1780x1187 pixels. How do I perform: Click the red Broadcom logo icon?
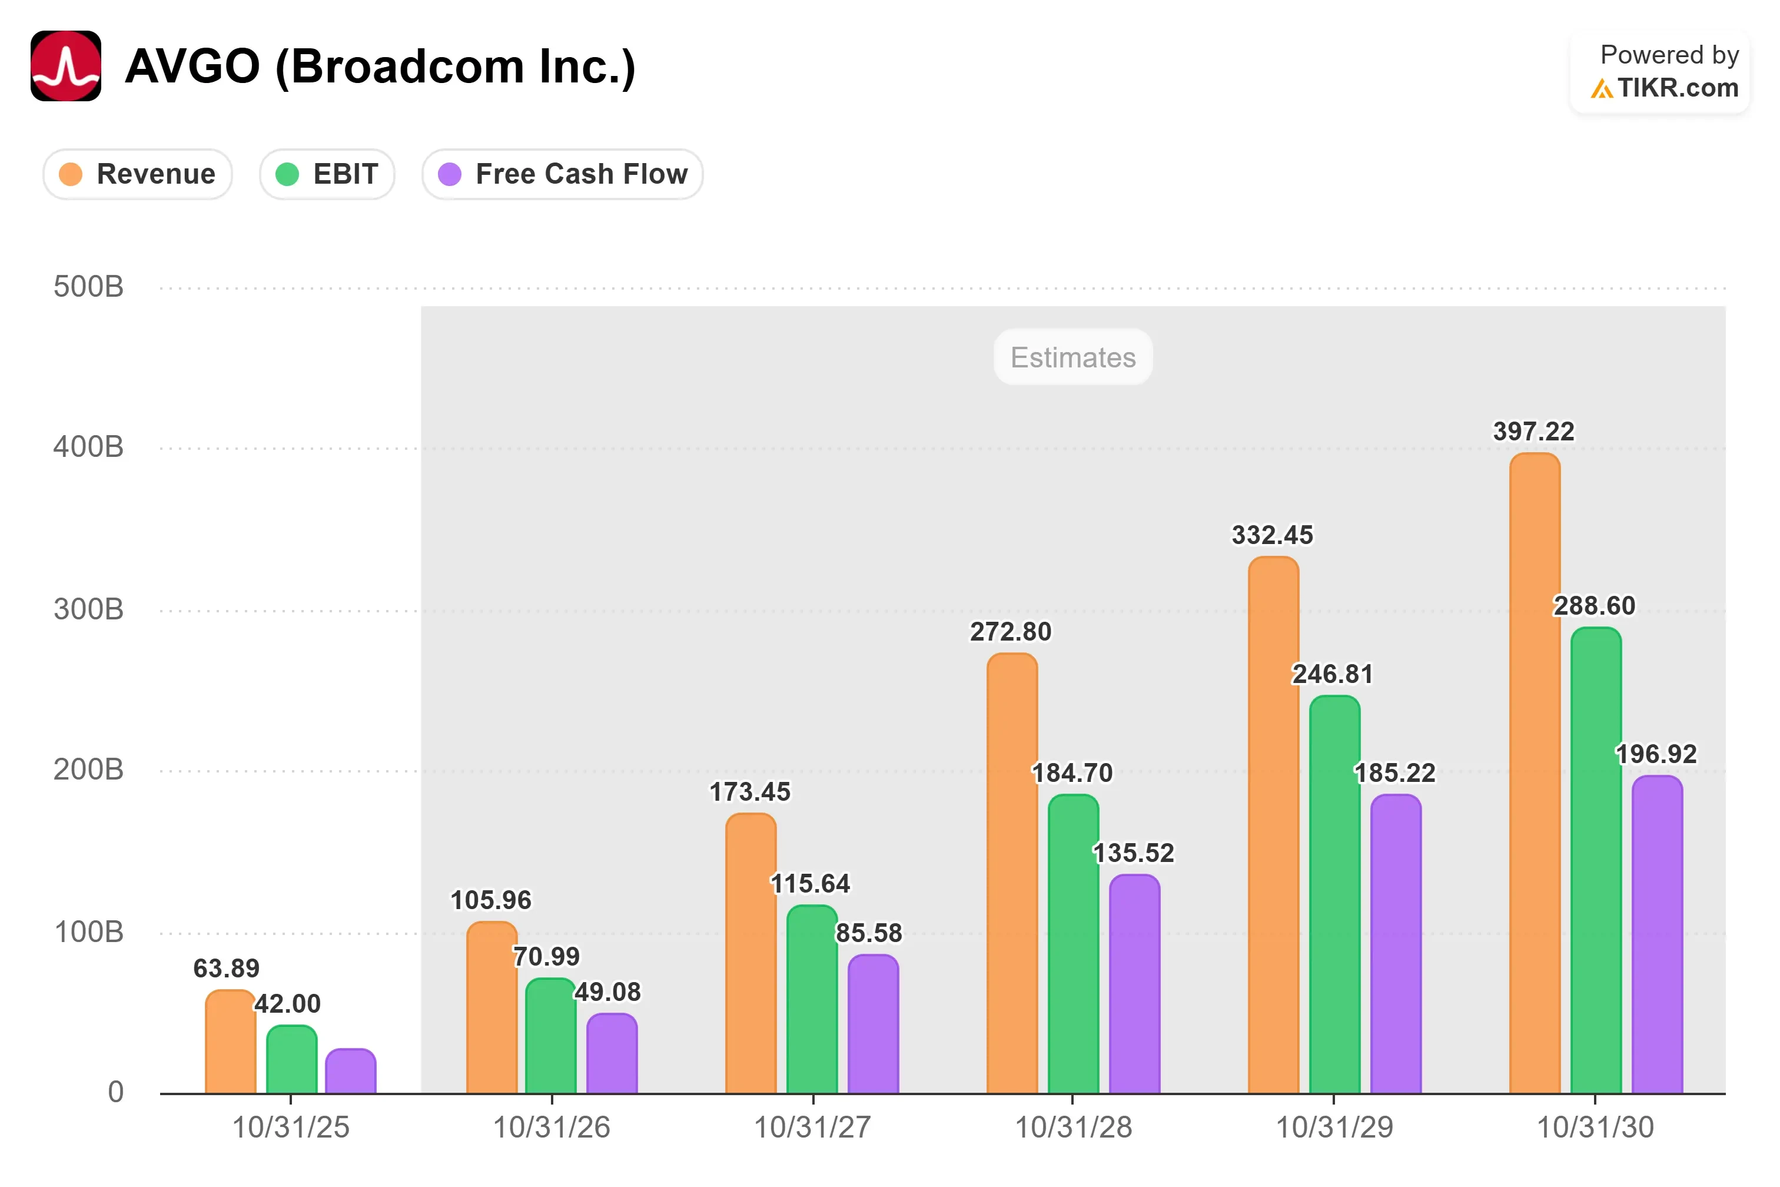point(66,66)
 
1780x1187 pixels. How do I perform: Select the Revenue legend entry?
point(138,174)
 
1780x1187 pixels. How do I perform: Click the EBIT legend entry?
point(327,174)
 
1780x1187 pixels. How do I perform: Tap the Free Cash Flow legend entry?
point(562,174)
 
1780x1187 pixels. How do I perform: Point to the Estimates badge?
point(1073,357)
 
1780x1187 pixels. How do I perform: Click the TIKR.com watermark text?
point(1678,88)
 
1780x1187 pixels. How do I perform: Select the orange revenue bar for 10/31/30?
point(1535,773)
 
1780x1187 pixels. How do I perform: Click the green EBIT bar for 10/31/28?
point(1073,944)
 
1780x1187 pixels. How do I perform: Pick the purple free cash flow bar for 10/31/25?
point(350,1071)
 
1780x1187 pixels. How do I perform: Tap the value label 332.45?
point(1272,535)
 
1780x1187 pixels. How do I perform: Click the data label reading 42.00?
point(288,1004)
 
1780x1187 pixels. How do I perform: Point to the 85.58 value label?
point(869,933)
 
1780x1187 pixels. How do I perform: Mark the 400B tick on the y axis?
point(88,447)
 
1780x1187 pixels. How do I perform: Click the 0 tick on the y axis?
point(116,1092)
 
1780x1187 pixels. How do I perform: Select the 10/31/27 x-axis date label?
point(812,1127)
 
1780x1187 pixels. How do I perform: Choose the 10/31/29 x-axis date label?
point(1334,1127)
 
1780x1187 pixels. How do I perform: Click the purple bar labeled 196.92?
point(1658,934)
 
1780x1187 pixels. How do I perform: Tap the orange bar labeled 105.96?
point(492,1007)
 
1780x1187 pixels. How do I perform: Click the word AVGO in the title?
point(193,66)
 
